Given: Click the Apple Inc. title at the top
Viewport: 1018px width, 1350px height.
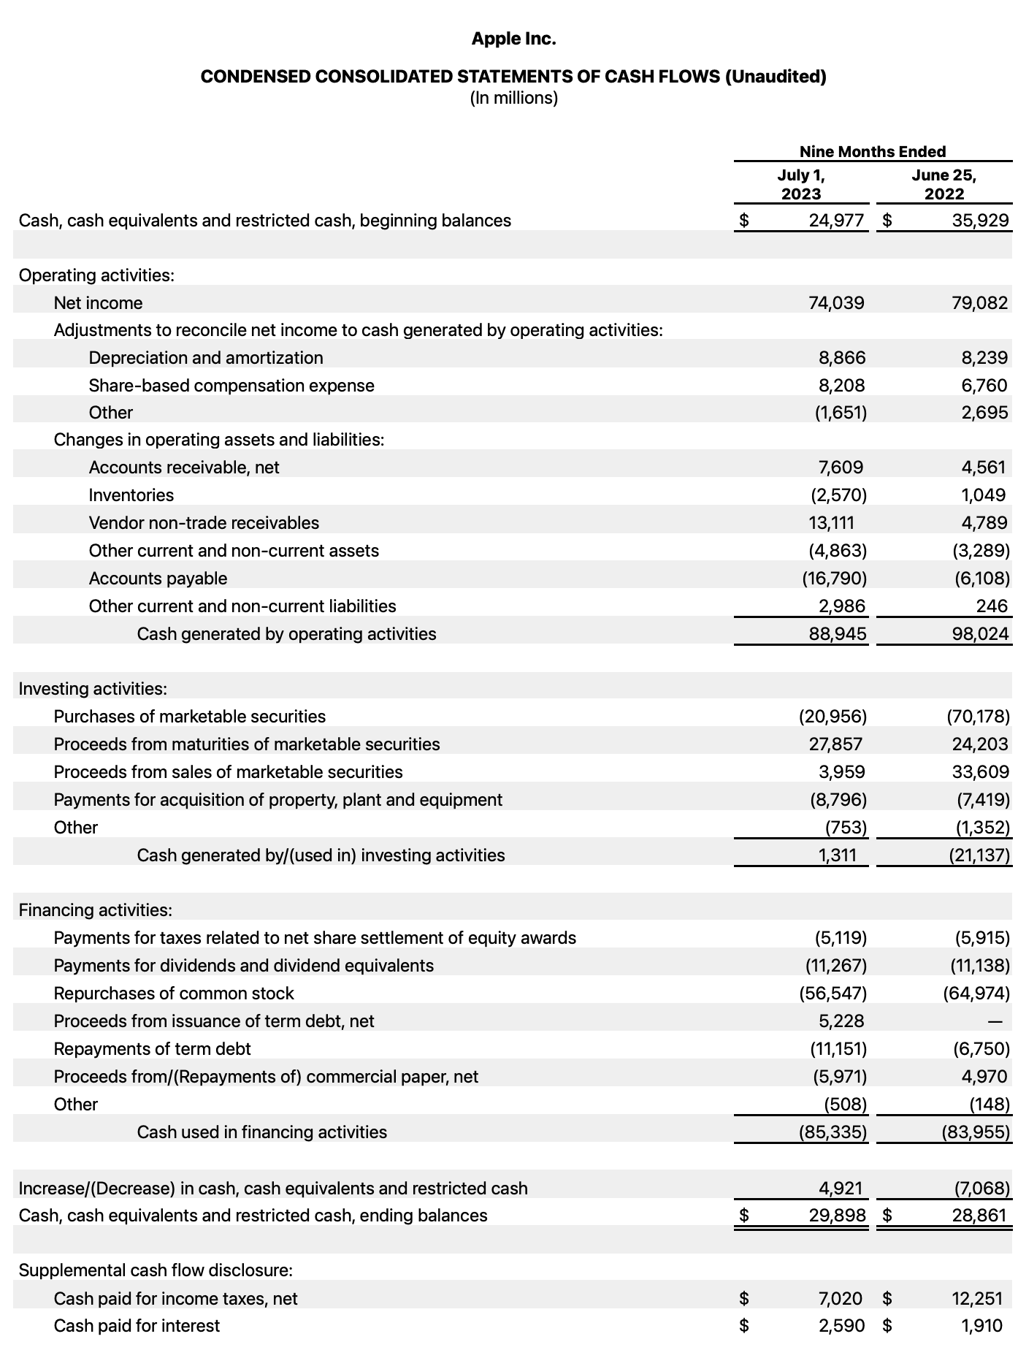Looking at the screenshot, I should click(x=513, y=39).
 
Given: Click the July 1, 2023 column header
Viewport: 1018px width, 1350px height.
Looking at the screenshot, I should click(x=800, y=184).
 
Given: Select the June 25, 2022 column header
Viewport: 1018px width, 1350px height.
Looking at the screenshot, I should click(x=944, y=184).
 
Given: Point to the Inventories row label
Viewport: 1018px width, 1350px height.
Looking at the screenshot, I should click(x=131, y=495).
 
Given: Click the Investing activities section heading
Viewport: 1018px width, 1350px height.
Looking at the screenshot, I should click(x=93, y=689).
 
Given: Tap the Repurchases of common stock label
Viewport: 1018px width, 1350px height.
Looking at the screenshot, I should click(x=174, y=994).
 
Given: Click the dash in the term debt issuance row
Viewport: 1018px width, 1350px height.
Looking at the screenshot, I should click(x=1004, y=1021).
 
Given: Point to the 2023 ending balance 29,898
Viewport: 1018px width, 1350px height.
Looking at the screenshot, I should click(x=837, y=1216).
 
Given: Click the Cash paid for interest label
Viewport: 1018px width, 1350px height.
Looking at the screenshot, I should click(x=137, y=1326).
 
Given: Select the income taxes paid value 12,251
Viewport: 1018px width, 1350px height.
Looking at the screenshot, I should click(x=976, y=1298).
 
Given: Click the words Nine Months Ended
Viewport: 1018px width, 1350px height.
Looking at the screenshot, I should click(x=872, y=151).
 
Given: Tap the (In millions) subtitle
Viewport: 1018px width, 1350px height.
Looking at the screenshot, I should click(x=513, y=98).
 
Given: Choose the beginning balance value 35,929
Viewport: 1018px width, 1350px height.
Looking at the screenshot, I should click(x=980, y=221).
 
